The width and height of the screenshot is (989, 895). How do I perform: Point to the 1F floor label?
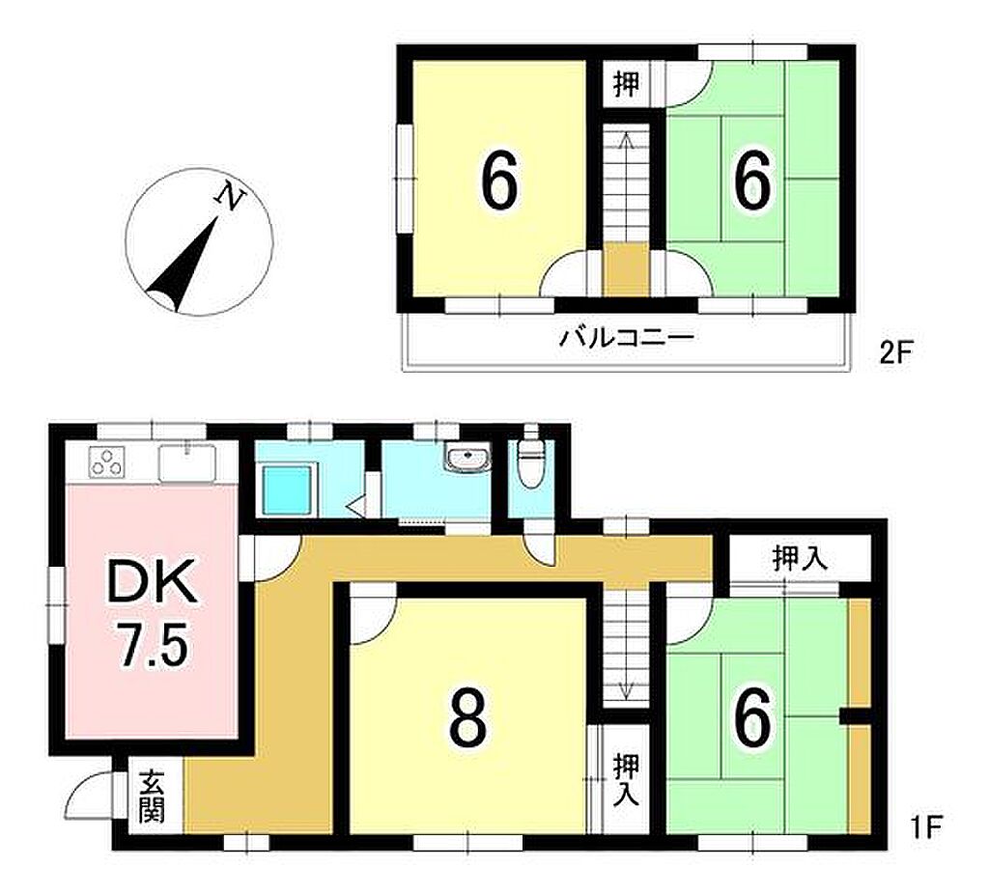(924, 826)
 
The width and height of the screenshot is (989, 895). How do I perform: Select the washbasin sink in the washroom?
(466, 457)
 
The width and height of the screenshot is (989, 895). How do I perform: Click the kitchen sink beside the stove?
(187, 463)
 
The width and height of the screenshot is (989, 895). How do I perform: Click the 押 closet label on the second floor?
(626, 84)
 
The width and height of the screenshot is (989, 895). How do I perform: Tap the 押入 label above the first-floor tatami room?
(800, 559)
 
